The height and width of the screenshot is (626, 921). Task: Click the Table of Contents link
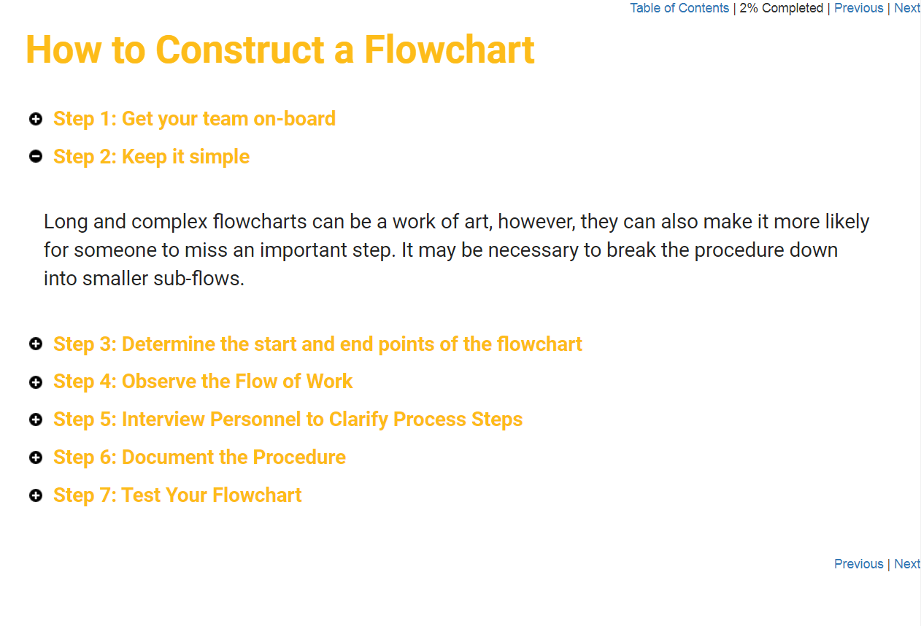pyautogui.click(x=679, y=8)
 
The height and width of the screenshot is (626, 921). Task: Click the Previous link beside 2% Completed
pyautogui.click(x=858, y=8)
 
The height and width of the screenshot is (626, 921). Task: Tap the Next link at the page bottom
pyautogui.click(x=907, y=563)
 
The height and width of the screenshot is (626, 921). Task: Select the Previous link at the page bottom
pyautogui.click(x=858, y=563)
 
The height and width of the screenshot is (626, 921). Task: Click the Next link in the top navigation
pyautogui.click(x=907, y=8)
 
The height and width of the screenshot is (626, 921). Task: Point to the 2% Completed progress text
pyautogui.click(x=781, y=8)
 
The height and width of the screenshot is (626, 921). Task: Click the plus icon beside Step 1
pyautogui.click(x=36, y=119)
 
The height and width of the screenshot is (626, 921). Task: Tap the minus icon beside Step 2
pyautogui.click(x=36, y=156)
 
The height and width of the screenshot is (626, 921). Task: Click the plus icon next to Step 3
pyautogui.click(x=36, y=344)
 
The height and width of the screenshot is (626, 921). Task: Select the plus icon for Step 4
pyautogui.click(x=36, y=382)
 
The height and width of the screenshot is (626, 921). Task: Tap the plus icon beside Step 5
pyautogui.click(x=36, y=420)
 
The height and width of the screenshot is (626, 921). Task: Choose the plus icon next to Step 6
pyautogui.click(x=36, y=457)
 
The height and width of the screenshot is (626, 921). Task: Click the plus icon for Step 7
pyautogui.click(x=36, y=495)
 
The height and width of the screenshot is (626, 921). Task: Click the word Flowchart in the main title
pyautogui.click(x=449, y=50)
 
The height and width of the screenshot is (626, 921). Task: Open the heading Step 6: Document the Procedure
pyautogui.click(x=199, y=457)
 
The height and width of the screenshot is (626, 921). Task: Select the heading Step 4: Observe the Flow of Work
pyautogui.click(x=203, y=382)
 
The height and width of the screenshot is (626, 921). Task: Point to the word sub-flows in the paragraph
pyautogui.click(x=199, y=279)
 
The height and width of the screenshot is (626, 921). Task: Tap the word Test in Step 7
pyautogui.click(x=141, y=495)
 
